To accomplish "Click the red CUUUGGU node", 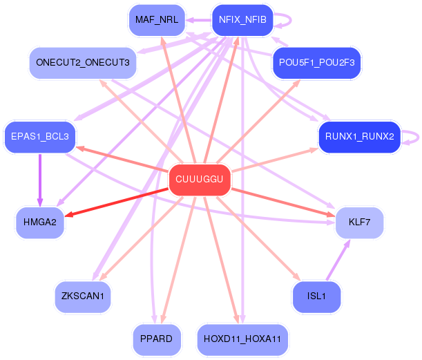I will [x=200, y=180].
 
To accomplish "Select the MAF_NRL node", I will [x=157, y=19].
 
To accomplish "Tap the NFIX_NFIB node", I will [x=242, y=19].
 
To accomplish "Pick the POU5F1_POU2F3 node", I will [x=317, y=63].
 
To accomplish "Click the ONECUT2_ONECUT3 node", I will [x=83, y=63].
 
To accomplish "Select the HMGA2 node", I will [x=40, y=222].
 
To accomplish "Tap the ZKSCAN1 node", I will [x=83, y=296].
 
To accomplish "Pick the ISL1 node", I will [x=316, y=296].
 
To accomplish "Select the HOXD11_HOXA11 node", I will [x=242, y=339].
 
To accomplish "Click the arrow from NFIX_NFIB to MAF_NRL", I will [x=197, y=20].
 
